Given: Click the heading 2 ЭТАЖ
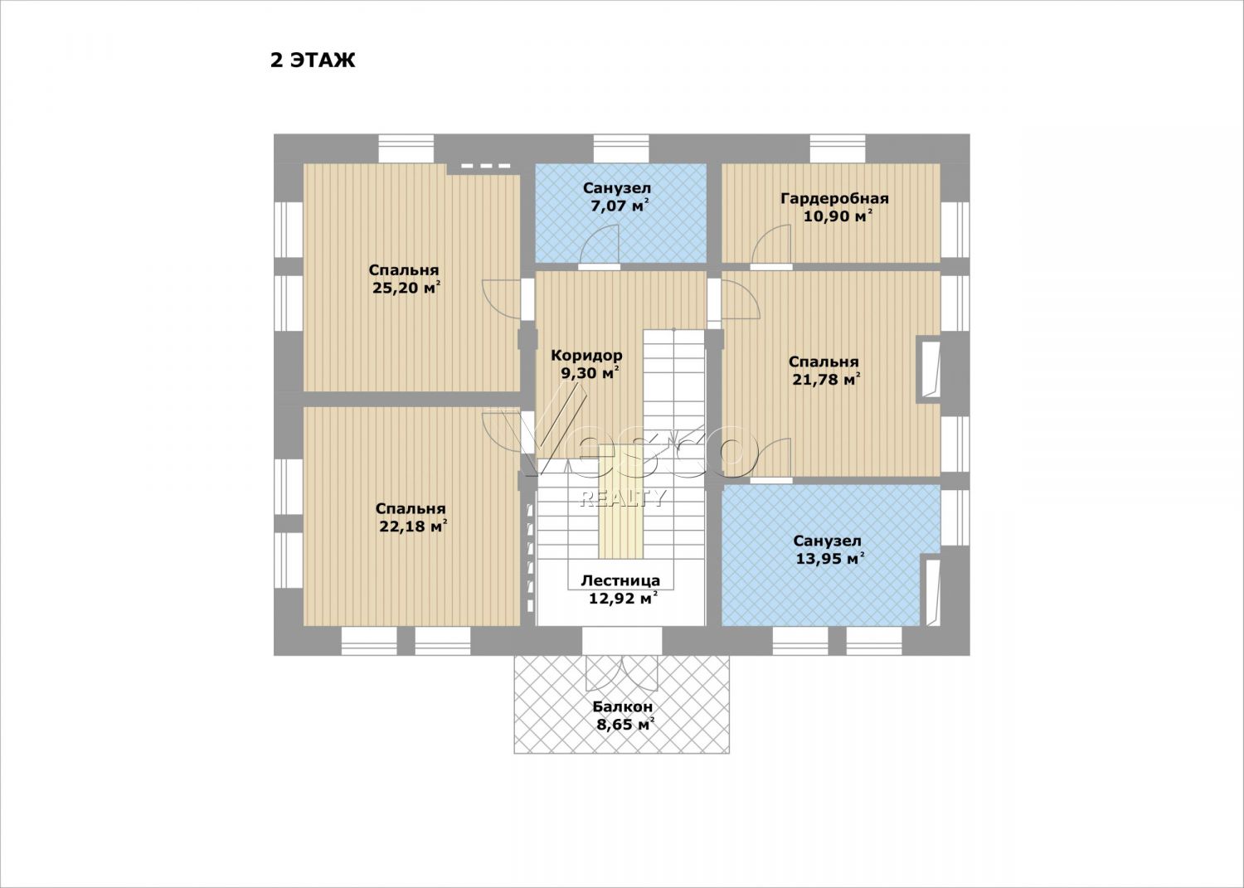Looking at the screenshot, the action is pos(313,61).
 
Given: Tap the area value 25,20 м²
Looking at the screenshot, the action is pos(406,289).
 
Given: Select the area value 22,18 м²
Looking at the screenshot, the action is pos(413,526).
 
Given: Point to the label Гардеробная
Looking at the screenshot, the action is pos(834,198).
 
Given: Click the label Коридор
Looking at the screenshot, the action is pos(586,355).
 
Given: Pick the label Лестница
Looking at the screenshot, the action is pos(620,580).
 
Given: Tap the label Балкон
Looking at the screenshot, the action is pos(622,707).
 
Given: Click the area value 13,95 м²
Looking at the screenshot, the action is pos(830,559).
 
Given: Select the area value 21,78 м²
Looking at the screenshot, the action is pos(826,380).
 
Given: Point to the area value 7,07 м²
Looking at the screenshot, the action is pos(620,206).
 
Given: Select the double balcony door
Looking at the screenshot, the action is pos(622,672).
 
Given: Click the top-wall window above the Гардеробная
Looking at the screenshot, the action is pos(837,148).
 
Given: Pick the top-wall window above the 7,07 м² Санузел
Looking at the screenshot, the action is pos(621,148).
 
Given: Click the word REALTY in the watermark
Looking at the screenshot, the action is pos(622,498).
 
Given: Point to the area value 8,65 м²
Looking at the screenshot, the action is pos(624,725).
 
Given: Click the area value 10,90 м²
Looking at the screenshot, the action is pos(838,216).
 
